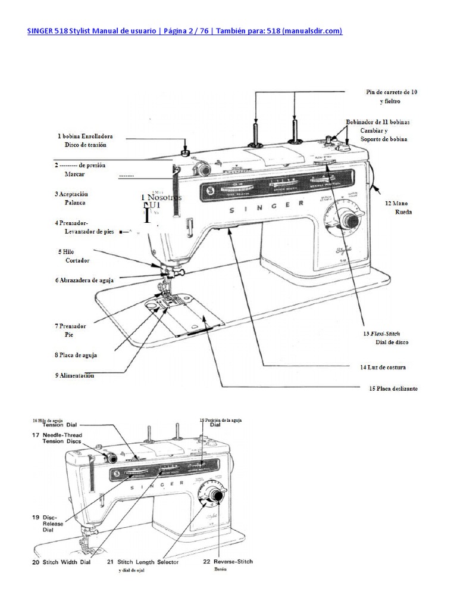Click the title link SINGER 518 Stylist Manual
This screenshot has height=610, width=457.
coord(184,31)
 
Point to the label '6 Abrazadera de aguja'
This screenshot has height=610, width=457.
coord(83,279)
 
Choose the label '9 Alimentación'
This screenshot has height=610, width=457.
coord(74,375)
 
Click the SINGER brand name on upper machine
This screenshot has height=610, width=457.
coord(266,208)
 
